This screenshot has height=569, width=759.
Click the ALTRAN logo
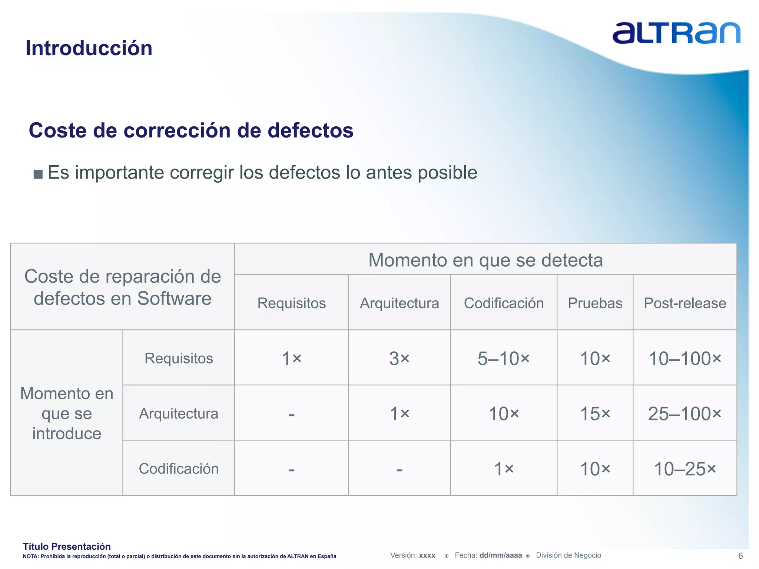pos(676,33)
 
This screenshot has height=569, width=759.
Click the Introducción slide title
pos(89,48)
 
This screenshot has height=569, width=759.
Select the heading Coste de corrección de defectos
pos(191,130)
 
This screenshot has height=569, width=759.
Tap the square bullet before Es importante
pos(38,174)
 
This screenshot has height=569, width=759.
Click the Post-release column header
pos(685,303)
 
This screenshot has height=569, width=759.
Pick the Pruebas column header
pos(595,303)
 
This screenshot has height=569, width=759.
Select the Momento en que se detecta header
pos(485,260)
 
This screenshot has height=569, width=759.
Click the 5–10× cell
pos(503,358)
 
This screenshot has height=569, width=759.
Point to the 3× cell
pos(399,358)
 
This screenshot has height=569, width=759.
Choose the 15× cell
pos(595,413)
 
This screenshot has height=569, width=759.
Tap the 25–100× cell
pos(685,413)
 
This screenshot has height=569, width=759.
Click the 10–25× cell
pos(685,469)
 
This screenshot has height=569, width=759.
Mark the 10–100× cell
pos(685,358)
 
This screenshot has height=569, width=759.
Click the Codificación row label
pos(179,469)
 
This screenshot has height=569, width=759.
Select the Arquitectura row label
pos(179,413)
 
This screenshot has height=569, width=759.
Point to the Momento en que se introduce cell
pos(67,413)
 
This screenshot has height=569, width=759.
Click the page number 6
pos(740,556)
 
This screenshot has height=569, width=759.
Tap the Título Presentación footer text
pos(67,546)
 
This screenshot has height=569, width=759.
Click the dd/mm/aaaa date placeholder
pos(500,555)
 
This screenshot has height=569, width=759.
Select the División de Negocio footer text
pos(568,555)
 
